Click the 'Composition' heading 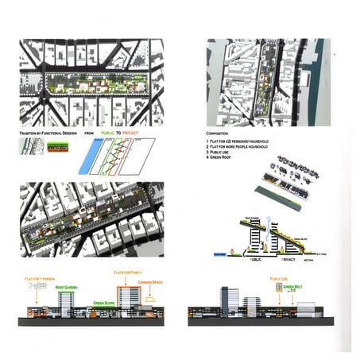point(220,134)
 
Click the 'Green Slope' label point(103,303)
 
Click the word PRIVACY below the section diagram point(295,258)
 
